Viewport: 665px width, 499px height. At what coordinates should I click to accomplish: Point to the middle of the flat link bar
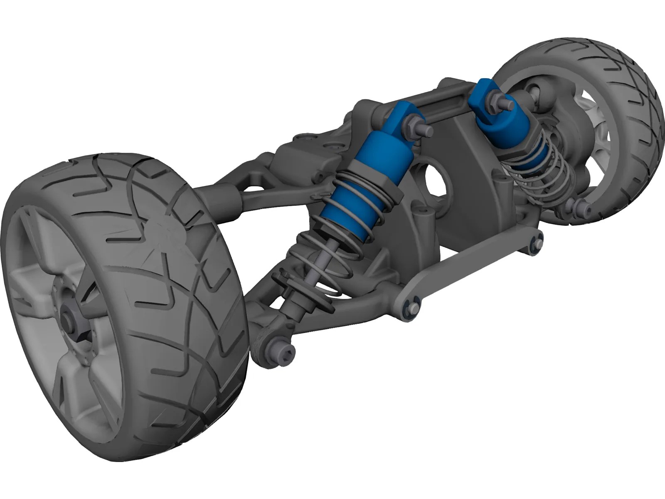[474, 274]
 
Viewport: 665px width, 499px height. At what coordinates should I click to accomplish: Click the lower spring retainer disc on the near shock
[308, 291]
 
